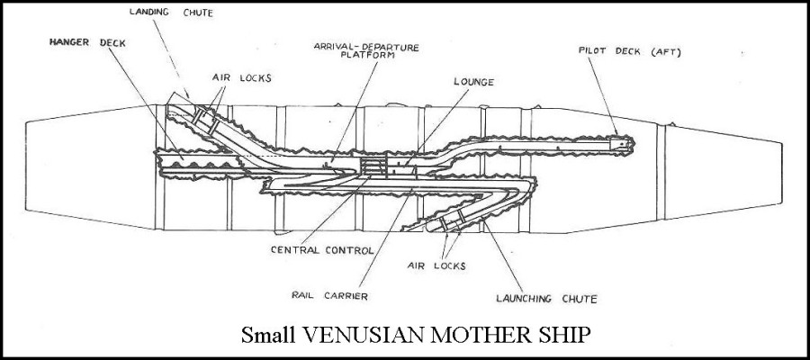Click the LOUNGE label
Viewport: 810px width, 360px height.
coord(473,82)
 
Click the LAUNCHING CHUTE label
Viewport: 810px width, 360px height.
coord(547,298)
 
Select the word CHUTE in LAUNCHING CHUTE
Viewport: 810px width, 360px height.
coord(575,298)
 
